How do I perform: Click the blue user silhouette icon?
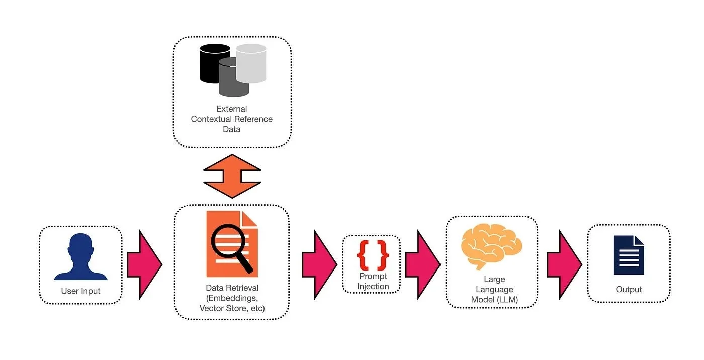(x=80, y=257)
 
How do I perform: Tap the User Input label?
(x=80, y=291)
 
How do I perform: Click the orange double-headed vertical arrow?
(x=232, y=176)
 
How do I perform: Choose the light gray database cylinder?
(x=251, y=63)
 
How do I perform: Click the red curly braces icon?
(x=373, y=255)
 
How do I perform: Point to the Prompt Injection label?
(x=373, y=282)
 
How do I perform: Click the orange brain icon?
(x=491, y=246)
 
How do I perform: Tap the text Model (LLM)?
(x=494, y=300)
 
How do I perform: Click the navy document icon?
(x=629, y=255)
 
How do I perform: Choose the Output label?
(x=629, y=290)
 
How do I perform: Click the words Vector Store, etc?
(x=232, y=308)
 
